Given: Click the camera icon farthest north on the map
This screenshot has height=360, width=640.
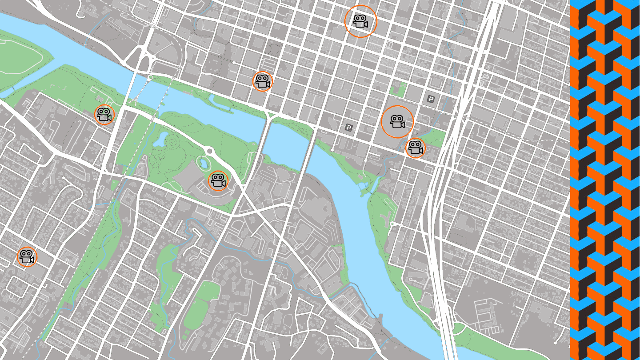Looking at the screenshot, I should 360,21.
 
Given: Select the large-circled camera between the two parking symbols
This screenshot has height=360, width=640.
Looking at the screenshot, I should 397,122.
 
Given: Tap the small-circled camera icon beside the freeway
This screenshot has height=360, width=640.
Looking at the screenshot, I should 415,148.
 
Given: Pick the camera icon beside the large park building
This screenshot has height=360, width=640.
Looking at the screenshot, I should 218,180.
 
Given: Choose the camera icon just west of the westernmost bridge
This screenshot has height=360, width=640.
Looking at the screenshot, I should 104,115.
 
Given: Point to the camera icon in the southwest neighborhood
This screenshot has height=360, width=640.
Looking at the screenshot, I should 27,257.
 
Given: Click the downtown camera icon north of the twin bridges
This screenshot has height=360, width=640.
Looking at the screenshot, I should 263,82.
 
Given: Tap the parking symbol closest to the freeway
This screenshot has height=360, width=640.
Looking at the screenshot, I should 430,99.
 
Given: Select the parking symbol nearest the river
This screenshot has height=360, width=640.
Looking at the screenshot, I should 349,128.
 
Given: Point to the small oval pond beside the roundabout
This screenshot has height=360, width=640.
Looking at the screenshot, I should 204,163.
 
